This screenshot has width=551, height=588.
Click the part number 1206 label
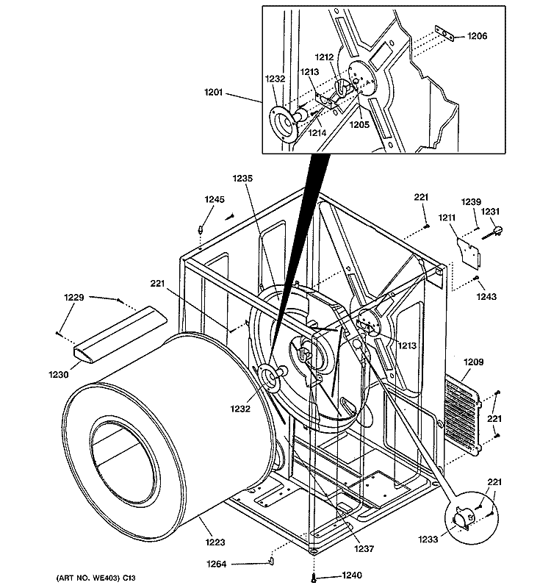pos(477,36)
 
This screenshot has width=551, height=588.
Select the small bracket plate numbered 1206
pos(444,34)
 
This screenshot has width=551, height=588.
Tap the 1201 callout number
pos(213,93)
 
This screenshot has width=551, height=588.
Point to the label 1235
pos(242,179)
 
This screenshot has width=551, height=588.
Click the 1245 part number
pos(215,199)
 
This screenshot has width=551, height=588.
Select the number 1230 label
pos(59,374)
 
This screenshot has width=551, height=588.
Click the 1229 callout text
pos(74,298)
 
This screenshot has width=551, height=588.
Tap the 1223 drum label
pos(215,542)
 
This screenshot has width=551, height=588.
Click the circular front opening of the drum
pos(123,455)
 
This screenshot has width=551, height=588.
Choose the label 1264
pos(217,564)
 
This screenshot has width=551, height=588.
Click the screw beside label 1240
pos(314,578)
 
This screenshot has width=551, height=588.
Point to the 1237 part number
pos(364,548)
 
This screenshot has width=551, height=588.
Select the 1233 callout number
pos(428,539)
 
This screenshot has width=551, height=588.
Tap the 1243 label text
pos(486,297)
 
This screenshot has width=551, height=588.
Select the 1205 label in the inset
pos(359,125)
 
